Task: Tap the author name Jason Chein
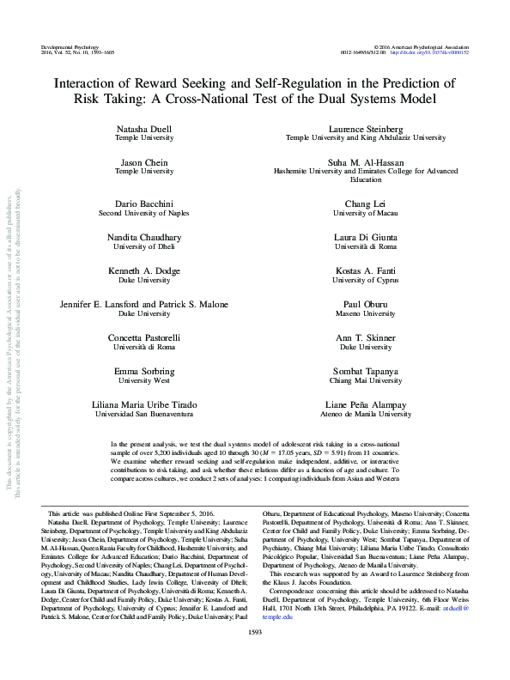pyautogui.click(x=143, y=161)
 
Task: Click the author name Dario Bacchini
pyautogui.click(x=143, y=203)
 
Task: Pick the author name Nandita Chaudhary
pyautogui.click(x=143, y=236)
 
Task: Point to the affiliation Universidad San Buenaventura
pyautogui.click(x=143, y=414)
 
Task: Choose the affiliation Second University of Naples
pyautogui.click(x=143, y=213)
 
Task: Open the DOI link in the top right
pyautogui.click(x=429, y=52)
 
